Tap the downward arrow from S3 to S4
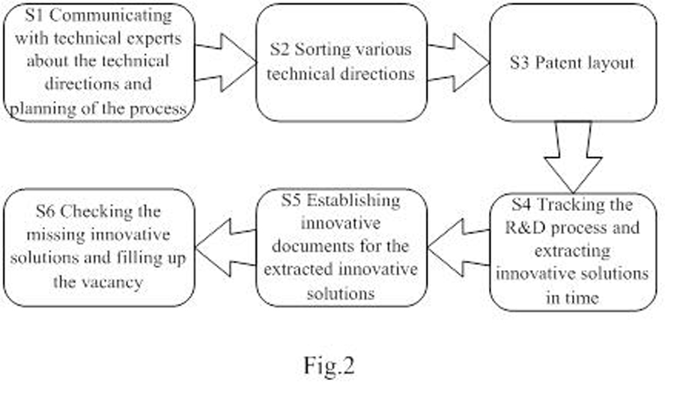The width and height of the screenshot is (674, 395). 573,157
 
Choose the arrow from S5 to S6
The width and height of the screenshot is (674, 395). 225,248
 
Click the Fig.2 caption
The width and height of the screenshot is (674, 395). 329,365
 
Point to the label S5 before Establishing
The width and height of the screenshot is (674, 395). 293,200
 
